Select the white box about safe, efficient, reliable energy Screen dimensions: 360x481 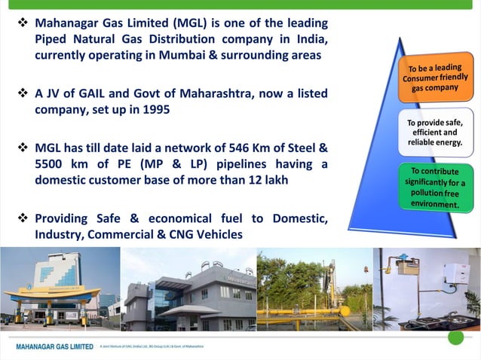[435, 133]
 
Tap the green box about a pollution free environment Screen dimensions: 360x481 [435, 188]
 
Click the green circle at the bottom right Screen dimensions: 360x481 [455, 337]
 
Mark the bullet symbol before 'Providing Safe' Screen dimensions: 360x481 [23, 218]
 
